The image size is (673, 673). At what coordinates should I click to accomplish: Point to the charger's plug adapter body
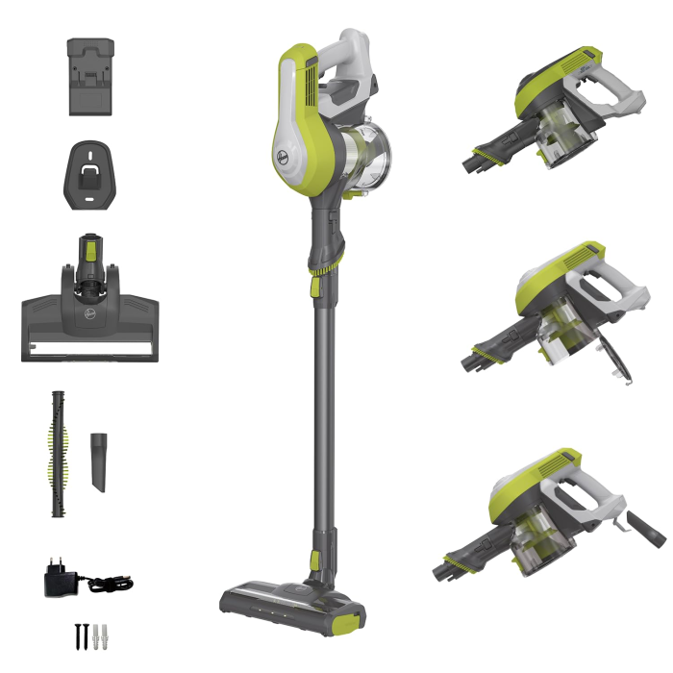coord(58,579)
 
